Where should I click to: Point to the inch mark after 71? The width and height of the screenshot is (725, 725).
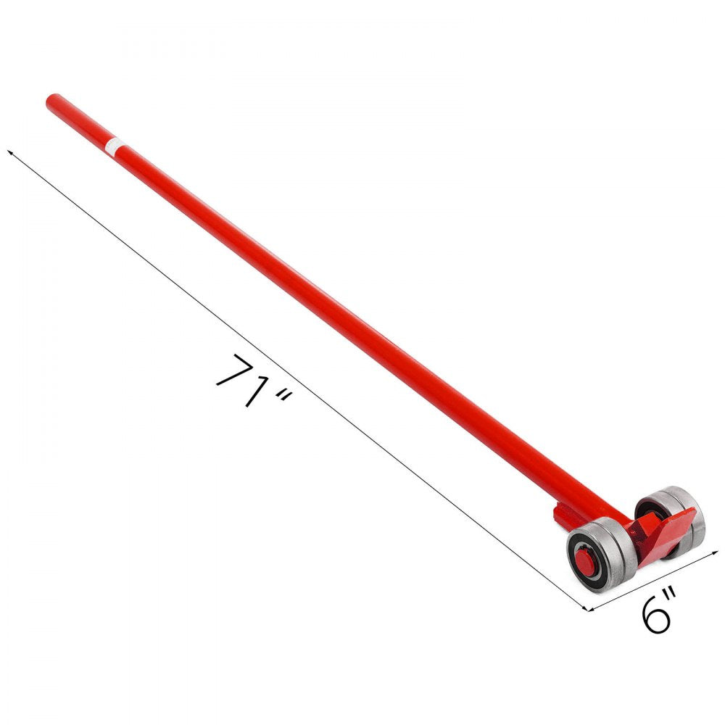[x=283, y=399]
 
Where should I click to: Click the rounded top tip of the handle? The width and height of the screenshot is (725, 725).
[x=51, y=100]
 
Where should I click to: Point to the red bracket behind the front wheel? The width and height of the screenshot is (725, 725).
[x=563, y=516]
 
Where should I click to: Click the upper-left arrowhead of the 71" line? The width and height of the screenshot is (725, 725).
[x=10, y=153]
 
